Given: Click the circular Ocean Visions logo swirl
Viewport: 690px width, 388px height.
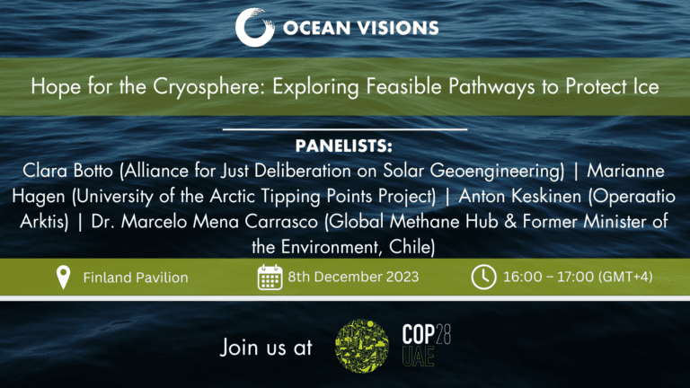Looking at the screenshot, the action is (x=254, y=27).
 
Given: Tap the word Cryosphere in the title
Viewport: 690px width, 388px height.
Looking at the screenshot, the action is (x=209, y=86).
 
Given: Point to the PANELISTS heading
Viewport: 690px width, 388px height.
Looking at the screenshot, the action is (x=344, y=146).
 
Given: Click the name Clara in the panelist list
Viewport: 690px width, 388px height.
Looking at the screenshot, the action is (x=44, y=171).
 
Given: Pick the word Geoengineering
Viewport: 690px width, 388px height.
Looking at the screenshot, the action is (x=497, y=172).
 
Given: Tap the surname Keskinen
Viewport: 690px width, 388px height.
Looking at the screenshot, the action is (x=545, y=196).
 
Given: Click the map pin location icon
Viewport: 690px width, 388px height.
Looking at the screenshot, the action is (x=64, y=278).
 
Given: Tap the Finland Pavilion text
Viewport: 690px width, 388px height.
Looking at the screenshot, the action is (x=136, y=278).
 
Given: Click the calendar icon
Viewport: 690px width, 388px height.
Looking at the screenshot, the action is (x=270, y=278).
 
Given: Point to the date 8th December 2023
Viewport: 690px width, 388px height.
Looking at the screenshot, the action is (x=353, y=277).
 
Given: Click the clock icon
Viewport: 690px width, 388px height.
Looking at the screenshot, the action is (x=483, y=278).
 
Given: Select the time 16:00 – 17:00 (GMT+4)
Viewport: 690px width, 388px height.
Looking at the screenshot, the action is (x=578, y=277).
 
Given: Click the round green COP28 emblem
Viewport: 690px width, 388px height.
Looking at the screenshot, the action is (x=362, y=346).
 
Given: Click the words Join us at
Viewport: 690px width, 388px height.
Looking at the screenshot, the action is (x=266, y=347).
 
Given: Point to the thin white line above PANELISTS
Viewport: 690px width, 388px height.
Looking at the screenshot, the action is (x=345, y=129).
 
